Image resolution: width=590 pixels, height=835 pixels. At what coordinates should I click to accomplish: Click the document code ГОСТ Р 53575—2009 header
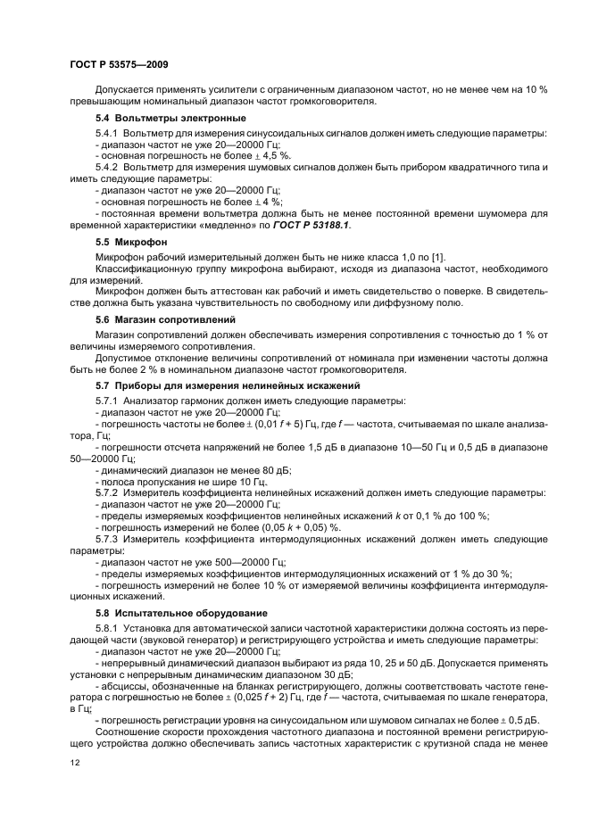tap(118, 63)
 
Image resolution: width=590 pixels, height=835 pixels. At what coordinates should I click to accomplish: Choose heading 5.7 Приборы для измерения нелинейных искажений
tap(228, 385)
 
